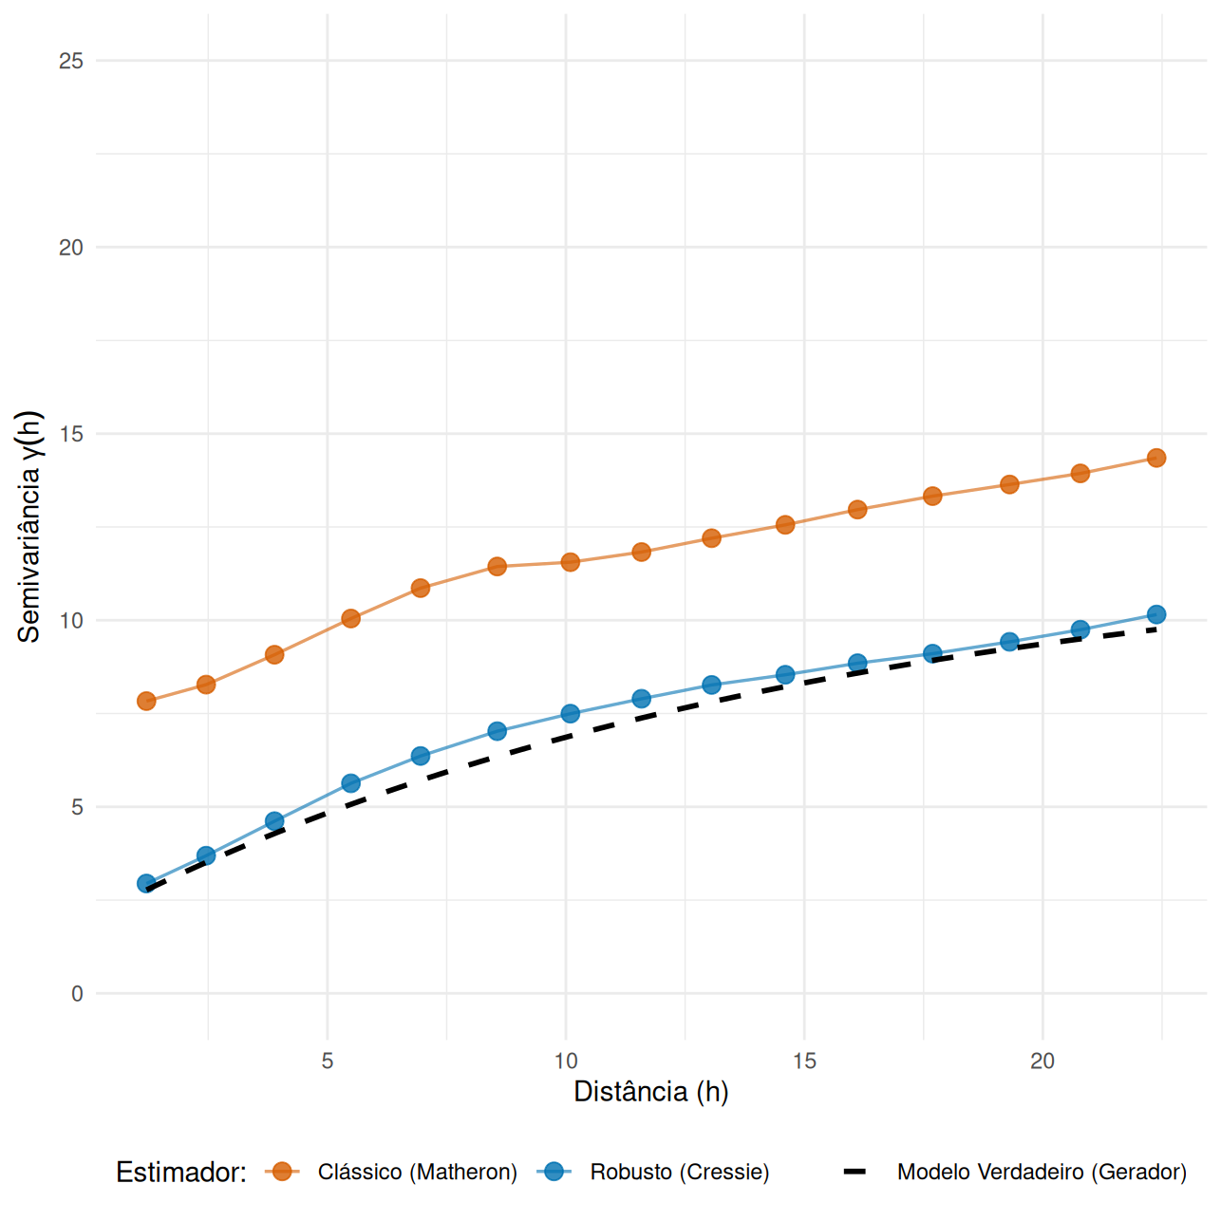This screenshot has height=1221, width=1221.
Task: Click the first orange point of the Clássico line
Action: coord(146,701)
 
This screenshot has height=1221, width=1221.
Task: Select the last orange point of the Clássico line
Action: coord(1155,458)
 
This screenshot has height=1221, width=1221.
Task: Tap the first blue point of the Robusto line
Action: coord(146,883)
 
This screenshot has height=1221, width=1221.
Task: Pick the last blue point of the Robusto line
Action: coord(1155,614)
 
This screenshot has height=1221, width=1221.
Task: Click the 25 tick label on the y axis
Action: coord(71,61)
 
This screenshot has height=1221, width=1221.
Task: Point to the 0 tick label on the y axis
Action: coord(77,994)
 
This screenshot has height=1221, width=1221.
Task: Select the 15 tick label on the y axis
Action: coord(71,434)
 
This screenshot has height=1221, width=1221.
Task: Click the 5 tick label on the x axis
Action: coord(328,1061)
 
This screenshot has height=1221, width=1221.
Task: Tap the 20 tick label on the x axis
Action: coord(1043,1061)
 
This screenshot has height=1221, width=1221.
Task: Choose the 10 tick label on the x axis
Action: coord(566,1061)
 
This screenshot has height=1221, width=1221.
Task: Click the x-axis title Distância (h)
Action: coord(651,1092)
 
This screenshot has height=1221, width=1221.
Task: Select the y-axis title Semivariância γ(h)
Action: coord(29,527)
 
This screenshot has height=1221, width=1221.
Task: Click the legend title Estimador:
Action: coord(181,1173)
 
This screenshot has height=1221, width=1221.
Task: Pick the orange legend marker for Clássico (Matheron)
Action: coord(282,1172)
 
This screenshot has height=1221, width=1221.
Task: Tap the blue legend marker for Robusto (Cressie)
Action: coord(554,1172)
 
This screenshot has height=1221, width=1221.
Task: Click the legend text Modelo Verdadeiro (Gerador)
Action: coord(1042,1173)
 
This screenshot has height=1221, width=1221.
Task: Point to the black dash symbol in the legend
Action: coord(855,1172)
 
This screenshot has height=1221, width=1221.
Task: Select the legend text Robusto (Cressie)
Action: coord(680,1173)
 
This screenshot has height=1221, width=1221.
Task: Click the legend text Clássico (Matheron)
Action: coord(418,1173)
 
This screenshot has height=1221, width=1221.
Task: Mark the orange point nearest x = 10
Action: coord(570,562)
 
